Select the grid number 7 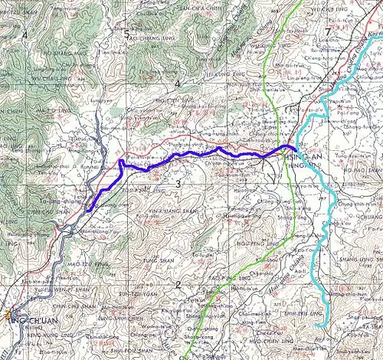tap(328, 31)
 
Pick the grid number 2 tap(178, 285)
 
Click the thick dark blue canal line tap(191, 157)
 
